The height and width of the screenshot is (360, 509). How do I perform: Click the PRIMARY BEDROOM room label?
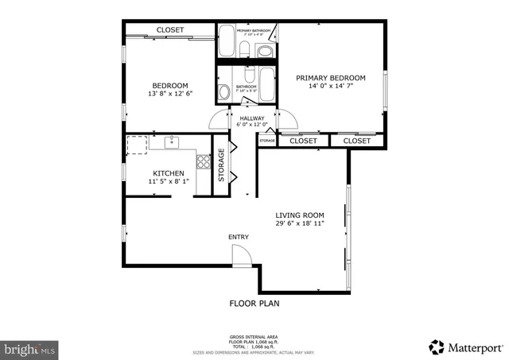point(330,78)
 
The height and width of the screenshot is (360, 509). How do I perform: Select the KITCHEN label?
point(169,173)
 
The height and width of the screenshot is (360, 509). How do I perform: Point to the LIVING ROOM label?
point(300,215)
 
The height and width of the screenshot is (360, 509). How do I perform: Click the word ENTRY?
point(239,237)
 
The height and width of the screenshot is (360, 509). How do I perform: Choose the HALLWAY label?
point(251,118)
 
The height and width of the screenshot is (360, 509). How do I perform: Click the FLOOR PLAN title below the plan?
point(254,304)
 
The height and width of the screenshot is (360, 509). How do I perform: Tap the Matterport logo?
point(465,346)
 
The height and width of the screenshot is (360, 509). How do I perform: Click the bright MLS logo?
point(30,348)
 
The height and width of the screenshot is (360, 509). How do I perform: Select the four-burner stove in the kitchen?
point(203,163)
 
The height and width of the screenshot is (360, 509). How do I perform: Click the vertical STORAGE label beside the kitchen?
point(222,166)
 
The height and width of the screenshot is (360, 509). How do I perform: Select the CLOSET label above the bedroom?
point(169,30)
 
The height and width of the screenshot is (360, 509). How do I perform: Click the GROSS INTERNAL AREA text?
point(254,337)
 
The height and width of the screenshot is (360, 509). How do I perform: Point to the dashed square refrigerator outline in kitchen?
point(137,144)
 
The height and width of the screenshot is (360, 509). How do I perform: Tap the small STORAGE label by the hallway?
point(267,141)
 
